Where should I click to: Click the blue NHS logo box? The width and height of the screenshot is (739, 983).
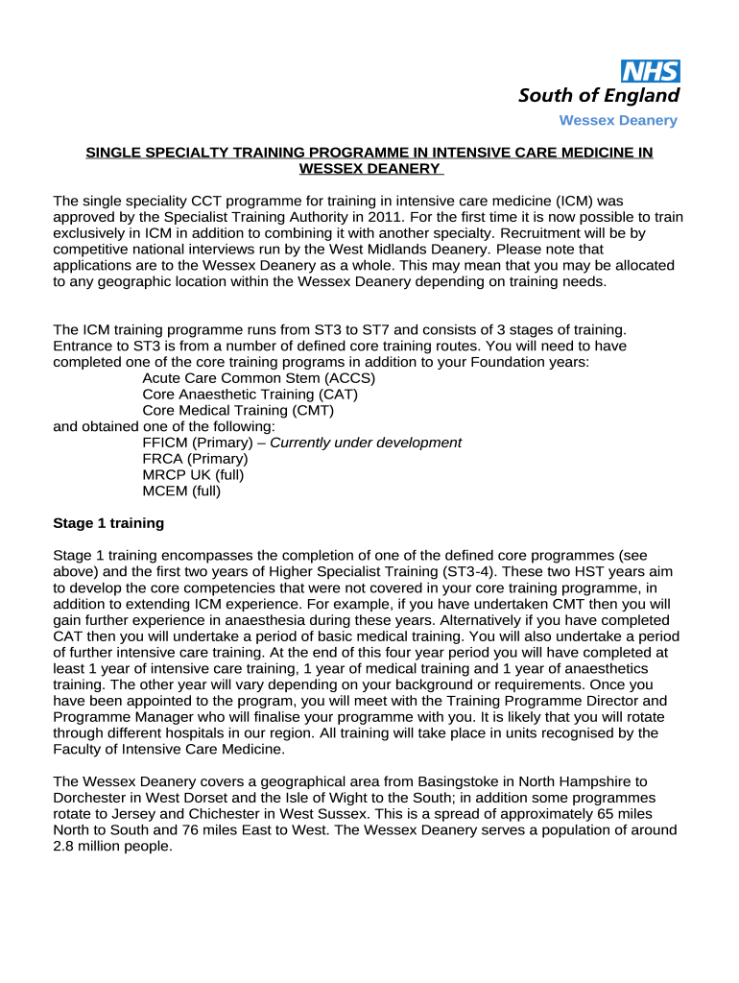click(651, 70)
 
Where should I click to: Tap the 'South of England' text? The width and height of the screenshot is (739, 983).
click(599, 95)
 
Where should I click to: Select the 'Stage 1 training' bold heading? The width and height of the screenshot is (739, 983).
click(108, 523)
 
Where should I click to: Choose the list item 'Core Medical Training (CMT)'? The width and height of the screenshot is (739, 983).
click(238, 410)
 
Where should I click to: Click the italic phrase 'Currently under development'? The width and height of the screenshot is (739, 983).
click(366, 443)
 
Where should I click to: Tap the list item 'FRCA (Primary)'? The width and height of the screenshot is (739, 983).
click(195, 459)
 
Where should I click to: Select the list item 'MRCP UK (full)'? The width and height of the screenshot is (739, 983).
click(193, 475)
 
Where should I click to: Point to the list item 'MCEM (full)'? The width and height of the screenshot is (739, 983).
click(181, 491)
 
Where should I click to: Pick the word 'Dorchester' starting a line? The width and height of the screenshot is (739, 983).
click(90, 798)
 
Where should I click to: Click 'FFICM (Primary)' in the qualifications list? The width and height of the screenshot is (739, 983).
click(198, 443)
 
